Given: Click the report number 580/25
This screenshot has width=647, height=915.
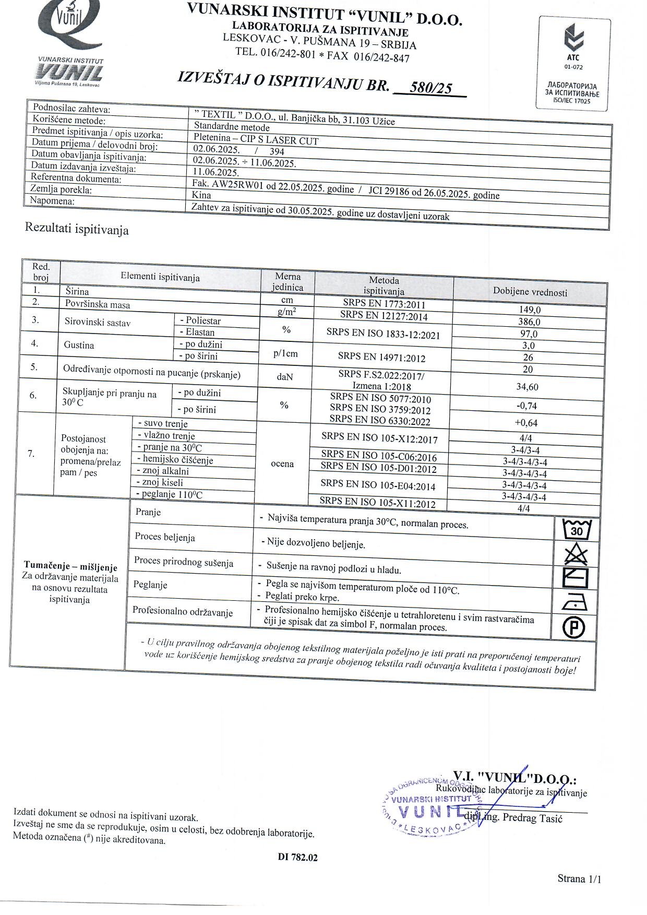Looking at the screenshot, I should click(x=430, y=88).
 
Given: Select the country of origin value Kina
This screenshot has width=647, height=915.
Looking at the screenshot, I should click(x=201, y=195).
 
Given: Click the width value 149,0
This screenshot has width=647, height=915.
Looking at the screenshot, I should click(x=530, y=310).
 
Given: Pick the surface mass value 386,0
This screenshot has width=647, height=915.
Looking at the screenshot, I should click(x=530, y=322).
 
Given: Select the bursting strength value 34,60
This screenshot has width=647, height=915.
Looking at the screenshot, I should click(x=528, y=387).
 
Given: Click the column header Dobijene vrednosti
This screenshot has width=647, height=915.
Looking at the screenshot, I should click(x=530, y=292).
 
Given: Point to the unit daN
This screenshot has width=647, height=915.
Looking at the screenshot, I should click(x=285, y=376).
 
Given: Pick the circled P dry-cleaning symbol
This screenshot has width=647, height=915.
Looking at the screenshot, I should click(x=574, y=628).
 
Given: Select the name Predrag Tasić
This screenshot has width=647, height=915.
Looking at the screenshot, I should click(x=532, y=818).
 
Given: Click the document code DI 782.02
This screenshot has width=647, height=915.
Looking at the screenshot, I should click(x=297, y=857).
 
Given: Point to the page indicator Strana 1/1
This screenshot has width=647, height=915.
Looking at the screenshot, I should click(x=579, y=878).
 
